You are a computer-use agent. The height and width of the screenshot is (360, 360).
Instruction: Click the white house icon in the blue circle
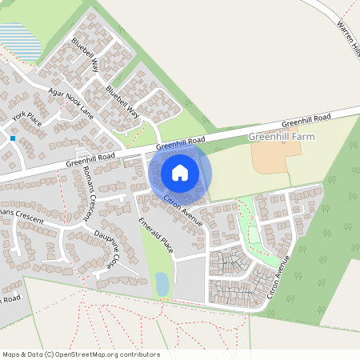[180, 172]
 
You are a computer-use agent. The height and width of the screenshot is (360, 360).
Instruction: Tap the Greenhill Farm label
[282, 137]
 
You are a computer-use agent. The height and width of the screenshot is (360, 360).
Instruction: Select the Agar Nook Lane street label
[70, 103]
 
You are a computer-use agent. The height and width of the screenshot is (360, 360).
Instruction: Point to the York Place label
[26, 120]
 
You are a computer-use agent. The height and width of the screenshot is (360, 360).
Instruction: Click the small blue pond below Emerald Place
[162, 284]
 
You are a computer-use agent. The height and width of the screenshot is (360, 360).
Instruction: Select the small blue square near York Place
[14, 138]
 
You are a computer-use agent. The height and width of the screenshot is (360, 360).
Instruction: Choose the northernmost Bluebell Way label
[85, 54]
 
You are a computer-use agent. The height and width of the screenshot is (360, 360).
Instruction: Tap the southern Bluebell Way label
[122, 103]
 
